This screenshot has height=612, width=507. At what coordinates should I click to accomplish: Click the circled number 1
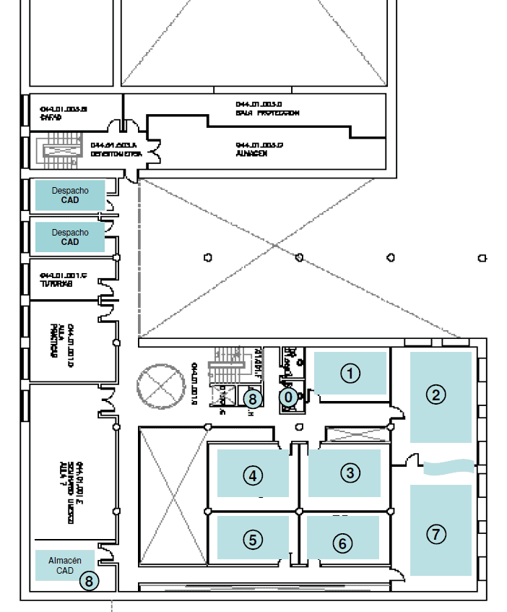pyautogui.click(x=350, y=374)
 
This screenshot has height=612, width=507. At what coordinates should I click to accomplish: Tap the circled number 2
pyautogui.click(x=435, y=395)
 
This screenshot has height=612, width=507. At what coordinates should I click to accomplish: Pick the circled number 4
pyautogui.click(x=253, y=475)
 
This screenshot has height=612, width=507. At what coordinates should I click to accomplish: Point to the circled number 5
pyautogui.click(x=253, y=539)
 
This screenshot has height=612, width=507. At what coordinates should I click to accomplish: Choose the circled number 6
pyautogui.click(x=342, y=543)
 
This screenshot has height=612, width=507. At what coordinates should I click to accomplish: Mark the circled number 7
pyautogui.click(x=435, y=535)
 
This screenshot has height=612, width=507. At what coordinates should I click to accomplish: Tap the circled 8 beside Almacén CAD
pyautogui.click(x=89, y=580)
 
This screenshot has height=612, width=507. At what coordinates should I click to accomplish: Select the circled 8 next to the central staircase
pyautogui.click(x=251, y=397)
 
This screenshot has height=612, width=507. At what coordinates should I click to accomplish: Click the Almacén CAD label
pyautogui.click(x=65, y=566)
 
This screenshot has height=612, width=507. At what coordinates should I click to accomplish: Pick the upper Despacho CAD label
pyautogui.click(x=70, y=195)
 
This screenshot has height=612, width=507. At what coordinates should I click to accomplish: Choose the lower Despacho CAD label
pyautogui.click(x=70, y=237)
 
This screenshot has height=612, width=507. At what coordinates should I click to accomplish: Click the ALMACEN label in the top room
pyautogui.click(x=252, y=154)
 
